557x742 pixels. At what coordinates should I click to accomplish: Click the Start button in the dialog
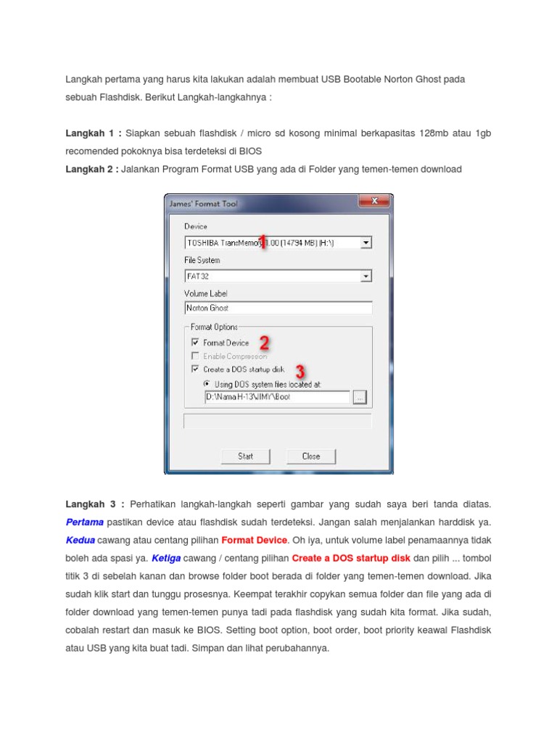coord(245,457)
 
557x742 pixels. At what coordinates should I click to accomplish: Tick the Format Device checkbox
coord(195,343)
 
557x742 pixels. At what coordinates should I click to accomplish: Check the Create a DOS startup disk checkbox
coord(195,369)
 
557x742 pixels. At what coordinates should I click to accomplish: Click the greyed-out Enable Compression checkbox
coord(195,356)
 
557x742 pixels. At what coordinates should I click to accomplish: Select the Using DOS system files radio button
coord(207,384)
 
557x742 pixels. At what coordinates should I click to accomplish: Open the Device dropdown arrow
coord(366,243)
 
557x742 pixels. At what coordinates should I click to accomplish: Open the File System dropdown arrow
coord(366,276)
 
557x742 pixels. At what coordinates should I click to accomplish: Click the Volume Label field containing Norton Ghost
coord(278,308)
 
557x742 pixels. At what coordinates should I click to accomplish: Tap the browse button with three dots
coord(360,397)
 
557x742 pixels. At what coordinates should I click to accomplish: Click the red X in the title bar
coord(374,201)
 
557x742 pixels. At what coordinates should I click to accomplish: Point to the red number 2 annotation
coord(265,343)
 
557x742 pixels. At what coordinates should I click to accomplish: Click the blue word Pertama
coord(85,522)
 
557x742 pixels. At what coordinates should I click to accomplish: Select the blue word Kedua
coord(81,540)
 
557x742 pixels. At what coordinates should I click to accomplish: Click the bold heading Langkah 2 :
coord(92,170)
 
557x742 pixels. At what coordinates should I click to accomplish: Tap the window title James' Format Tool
coord(204,204)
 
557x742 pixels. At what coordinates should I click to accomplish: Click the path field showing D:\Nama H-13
coord(278,397)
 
